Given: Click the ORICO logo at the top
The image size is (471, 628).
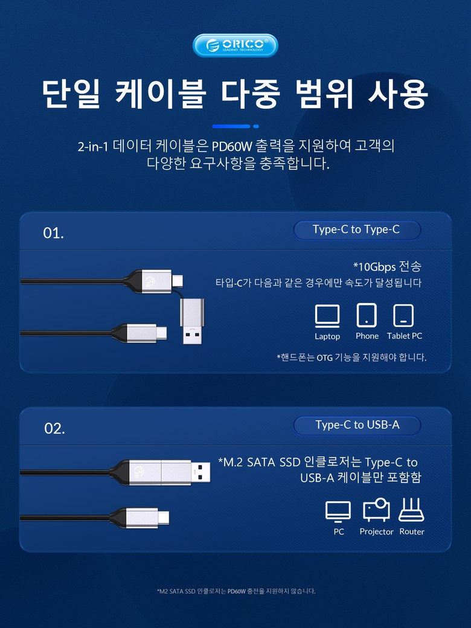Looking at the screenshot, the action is pos(235,45).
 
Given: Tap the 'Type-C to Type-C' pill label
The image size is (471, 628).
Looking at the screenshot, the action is pos(357,230).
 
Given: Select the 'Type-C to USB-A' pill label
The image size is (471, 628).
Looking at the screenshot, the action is pos(357,425).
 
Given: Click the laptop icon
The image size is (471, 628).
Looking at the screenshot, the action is pos(327,316).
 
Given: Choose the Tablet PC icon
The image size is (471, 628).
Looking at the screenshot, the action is pos(403,316).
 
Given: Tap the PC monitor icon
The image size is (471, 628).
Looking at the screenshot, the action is pos(338,511).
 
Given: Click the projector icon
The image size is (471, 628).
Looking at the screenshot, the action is pos(376,510).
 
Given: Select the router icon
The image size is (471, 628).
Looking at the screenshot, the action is pos(411,510).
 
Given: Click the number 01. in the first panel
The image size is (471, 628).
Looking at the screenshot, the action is pos(53,233).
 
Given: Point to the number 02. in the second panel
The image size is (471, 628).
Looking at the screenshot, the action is pos(54,429).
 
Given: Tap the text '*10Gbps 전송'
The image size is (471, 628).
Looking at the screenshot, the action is pos(387,266).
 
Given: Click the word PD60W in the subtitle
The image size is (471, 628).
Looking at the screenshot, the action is pos(232,146).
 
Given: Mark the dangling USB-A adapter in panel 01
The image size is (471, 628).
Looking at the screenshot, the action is pos(192,321).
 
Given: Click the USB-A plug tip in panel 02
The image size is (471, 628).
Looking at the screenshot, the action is pos(200,472).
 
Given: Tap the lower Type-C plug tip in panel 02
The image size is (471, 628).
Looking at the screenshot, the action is pos(163,517).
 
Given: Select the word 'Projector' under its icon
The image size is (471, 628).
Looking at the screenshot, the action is pos(376,532).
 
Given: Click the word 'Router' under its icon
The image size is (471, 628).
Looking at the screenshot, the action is pos(412,531).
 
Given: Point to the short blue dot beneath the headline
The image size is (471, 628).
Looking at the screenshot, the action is pos(256,126).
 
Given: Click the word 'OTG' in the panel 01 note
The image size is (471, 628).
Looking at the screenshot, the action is pos(324,357).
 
